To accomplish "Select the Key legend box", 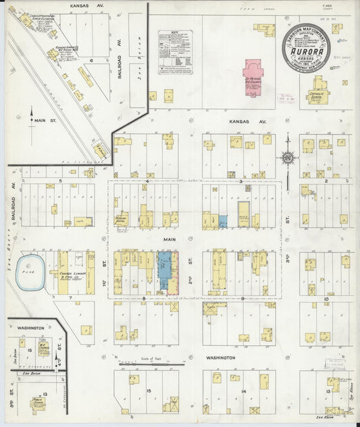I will [x=175, y=52].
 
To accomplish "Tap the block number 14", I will [x=241, y=391].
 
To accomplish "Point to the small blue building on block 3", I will [x=223, y=221].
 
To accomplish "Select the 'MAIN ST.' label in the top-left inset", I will [x=45, y=122].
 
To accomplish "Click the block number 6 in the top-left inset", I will [x=91, y=59].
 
